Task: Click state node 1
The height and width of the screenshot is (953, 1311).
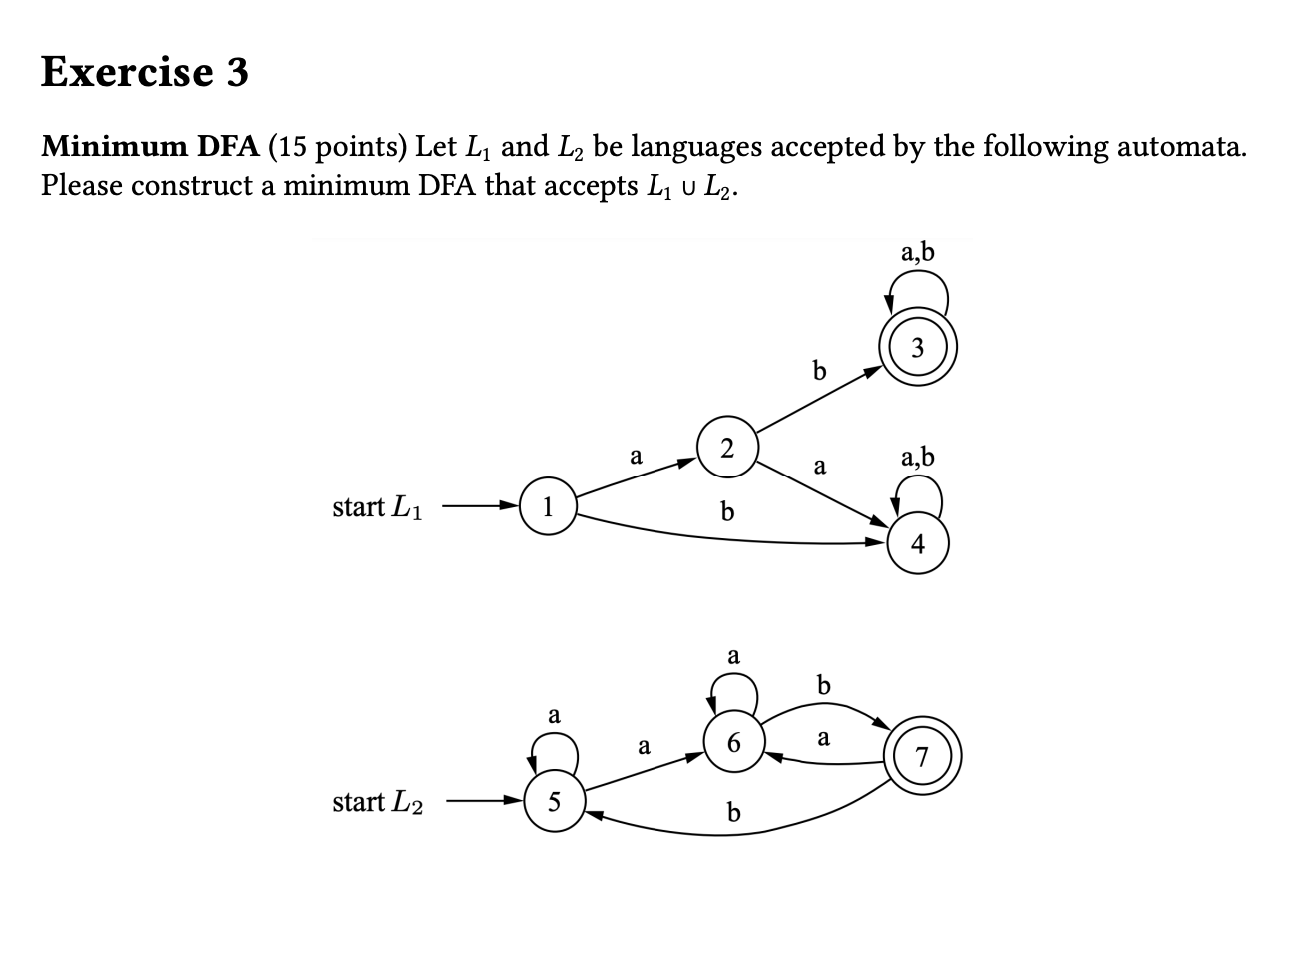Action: [548, 506]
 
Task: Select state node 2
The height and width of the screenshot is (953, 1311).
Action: [727, 448]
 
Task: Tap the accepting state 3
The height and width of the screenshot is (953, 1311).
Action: [917, 349]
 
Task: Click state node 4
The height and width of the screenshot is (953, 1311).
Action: [917, 544]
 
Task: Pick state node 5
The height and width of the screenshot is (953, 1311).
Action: [554, 801]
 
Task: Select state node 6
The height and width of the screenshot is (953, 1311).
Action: [734, 743]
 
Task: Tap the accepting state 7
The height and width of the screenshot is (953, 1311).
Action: [922, 759]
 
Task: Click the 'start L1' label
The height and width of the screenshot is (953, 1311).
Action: [377, 507]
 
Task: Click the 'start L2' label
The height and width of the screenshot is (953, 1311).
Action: [377, 802]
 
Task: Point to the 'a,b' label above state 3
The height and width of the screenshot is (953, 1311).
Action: [917, 251]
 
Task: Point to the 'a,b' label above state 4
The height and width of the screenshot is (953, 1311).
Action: [917, 458]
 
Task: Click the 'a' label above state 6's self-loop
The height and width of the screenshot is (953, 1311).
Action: [733, 656]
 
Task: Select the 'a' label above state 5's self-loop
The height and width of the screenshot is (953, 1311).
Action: [553, 715]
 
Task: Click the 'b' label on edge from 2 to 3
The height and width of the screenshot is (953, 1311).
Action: [819, 372]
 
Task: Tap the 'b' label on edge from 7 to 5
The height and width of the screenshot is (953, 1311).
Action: [734, 813]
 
